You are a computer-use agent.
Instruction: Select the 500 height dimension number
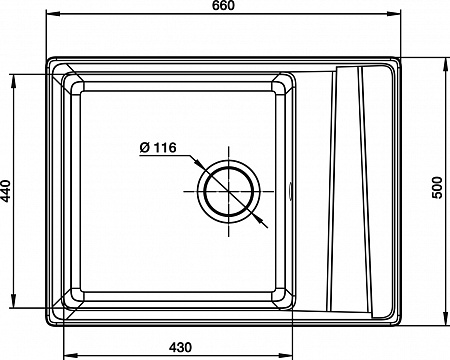437,188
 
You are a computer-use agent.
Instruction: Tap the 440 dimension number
6,191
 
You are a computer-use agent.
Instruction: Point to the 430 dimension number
180,347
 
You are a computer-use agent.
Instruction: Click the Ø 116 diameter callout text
158,147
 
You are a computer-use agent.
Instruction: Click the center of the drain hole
229,191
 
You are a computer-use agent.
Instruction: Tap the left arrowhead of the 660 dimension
53,14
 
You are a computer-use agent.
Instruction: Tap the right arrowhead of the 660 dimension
393,14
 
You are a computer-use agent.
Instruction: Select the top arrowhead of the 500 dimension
446,65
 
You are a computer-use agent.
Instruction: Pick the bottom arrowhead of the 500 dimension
446,318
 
